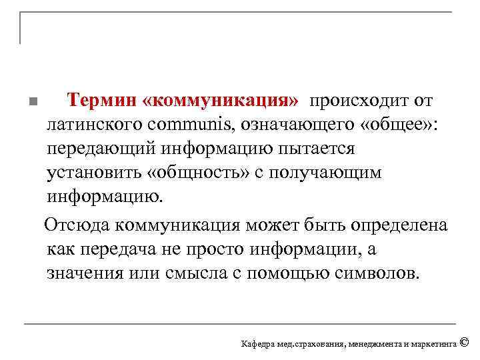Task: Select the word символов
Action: coord(380,273)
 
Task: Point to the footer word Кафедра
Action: coord(257,344)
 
